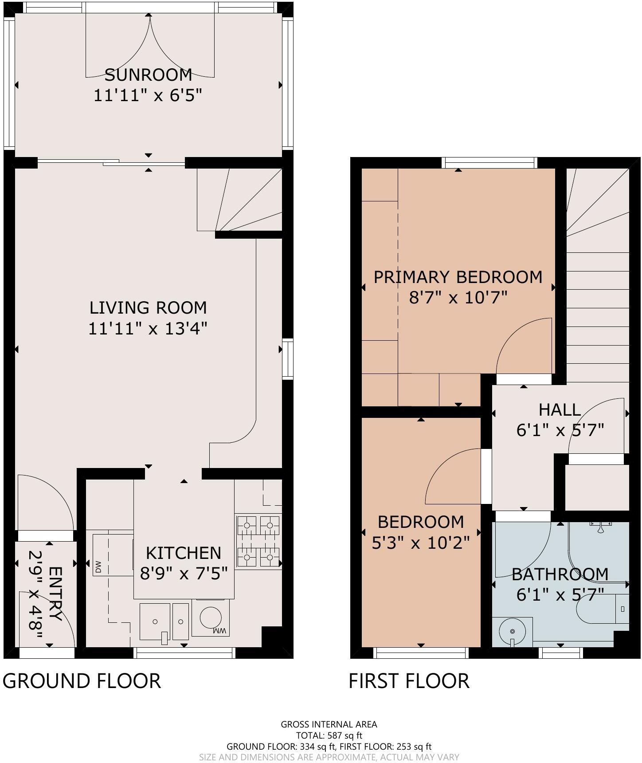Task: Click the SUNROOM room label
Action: coord(148,75)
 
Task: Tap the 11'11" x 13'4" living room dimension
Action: coord(148,329)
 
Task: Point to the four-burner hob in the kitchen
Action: coord(258,541)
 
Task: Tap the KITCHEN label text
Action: coord(184,553)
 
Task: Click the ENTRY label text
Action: coord(55,593)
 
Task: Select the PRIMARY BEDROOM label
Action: coord(458,277)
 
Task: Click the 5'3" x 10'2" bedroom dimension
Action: coord(420,543)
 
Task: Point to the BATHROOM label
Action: coord(560,574)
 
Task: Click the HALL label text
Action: coord(560,409)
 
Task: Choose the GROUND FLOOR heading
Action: coord(82,681)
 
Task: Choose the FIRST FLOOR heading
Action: coord(409,681)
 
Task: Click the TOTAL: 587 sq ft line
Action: coord(329,735)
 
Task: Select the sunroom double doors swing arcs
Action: coord(149,44)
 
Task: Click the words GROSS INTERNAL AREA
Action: coord(329,724)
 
